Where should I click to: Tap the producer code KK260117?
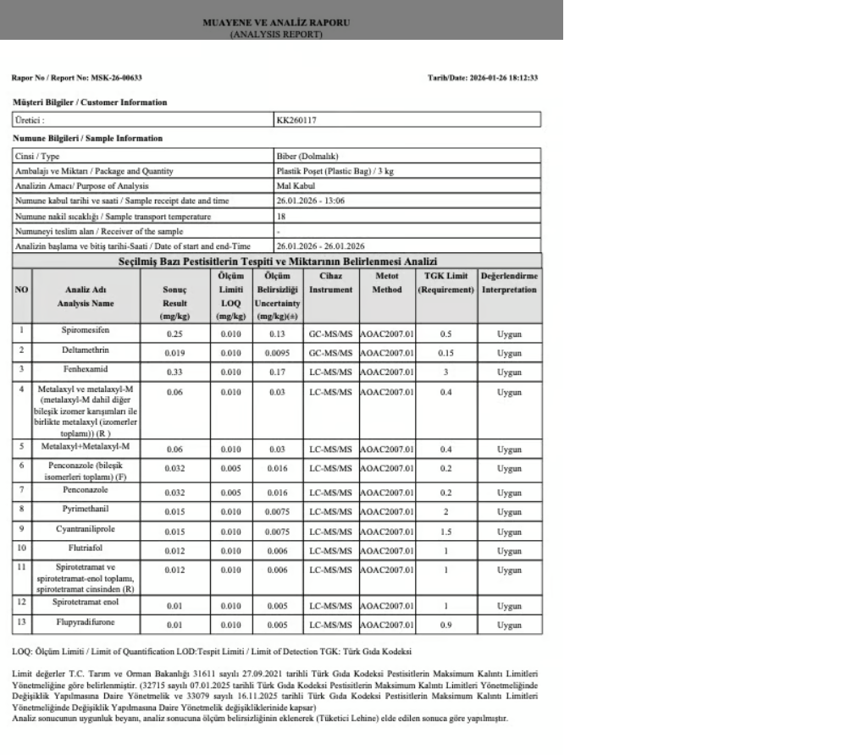[296, 120]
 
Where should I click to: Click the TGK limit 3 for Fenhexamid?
[445, 372]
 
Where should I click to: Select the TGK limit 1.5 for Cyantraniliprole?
[445, 534]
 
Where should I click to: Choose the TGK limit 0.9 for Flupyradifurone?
[445, 625]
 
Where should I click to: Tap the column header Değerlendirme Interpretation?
[509, 283]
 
